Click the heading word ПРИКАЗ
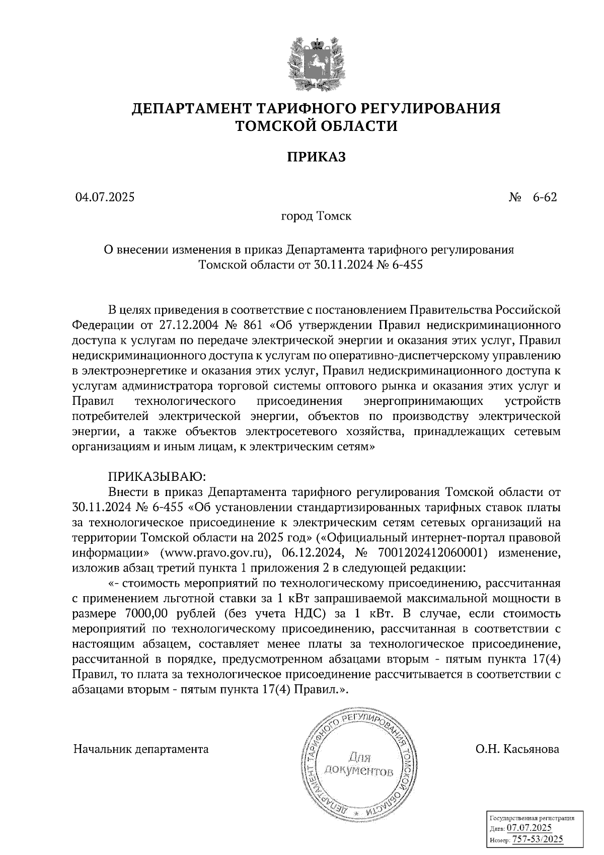(x=317, y=158)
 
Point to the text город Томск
(x=316, y=217)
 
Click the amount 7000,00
(x=142, y=614)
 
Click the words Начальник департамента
(x=141, y=749)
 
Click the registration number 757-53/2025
(x=537, y=839)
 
